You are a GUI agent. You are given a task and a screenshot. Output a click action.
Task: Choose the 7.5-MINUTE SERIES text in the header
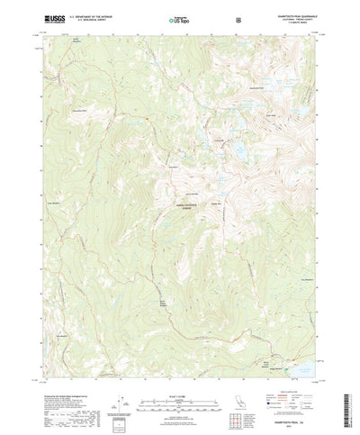tap(302, 20)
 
